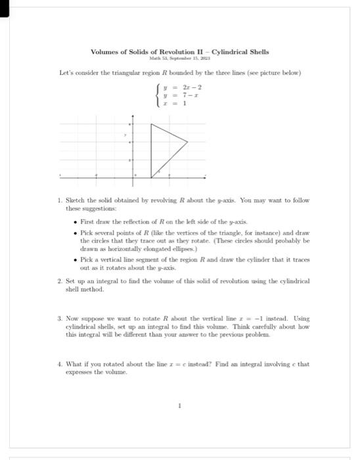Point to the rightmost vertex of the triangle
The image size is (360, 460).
[188, 141]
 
